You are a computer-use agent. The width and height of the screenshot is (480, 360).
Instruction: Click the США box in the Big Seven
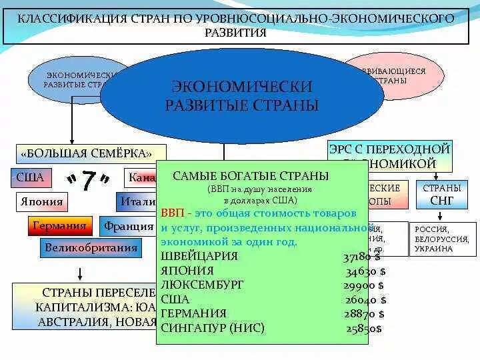click(30, 178)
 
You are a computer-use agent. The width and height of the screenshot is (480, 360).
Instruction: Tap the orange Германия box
click(61, 225)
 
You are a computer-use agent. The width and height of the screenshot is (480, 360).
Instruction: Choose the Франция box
click(128, 226)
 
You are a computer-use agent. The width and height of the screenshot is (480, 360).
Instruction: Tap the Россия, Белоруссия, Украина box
click(442, 239)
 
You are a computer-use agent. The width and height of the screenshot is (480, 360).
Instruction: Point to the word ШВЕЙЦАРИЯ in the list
click(199, 257)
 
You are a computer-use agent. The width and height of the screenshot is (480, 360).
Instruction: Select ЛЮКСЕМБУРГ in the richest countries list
click(203, 285)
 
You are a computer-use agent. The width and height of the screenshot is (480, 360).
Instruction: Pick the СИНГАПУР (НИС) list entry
click(213, 328)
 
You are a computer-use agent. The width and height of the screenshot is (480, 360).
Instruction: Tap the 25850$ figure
click(364, 329)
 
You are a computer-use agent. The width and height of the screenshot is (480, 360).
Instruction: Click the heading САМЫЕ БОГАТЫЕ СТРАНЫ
click(251, 176)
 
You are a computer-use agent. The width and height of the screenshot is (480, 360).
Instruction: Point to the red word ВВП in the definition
click(171, 213)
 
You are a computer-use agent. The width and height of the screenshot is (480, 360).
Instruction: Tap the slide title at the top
click(240, 25)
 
